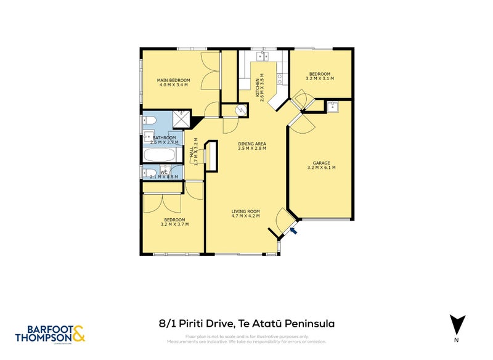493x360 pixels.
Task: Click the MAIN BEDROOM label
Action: (173, 80)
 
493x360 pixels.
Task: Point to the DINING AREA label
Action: (251, 144)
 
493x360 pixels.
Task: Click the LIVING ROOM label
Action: (245, 211)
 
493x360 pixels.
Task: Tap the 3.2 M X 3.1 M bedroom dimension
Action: (319, 79)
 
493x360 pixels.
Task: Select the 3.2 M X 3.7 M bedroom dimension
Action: (174, 225)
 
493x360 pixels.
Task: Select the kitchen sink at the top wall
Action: (261, 56)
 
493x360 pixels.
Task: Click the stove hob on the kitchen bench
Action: (280, 78)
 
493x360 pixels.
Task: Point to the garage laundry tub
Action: (335, 107)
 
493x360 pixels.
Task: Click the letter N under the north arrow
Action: (456, 339)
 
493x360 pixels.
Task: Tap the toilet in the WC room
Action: (150, 171)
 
